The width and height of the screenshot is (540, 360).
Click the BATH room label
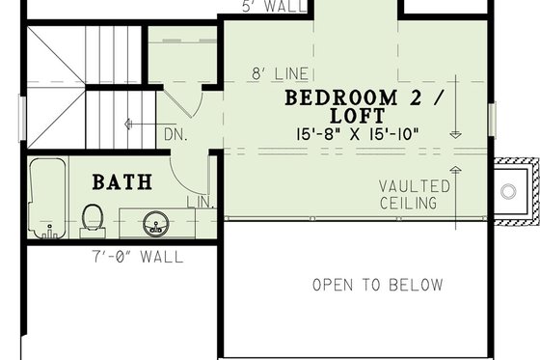point(121,180)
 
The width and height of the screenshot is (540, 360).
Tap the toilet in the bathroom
point(93,218)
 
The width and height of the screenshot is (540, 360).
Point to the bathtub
point(44,201)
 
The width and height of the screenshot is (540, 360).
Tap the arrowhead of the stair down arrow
point(127,123)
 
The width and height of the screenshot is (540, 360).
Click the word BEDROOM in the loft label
point(343,98)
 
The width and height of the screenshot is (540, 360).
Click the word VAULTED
point(414,185)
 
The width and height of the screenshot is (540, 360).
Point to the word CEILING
point(408,203)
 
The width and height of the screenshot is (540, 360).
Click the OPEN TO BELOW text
point(377,285)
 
